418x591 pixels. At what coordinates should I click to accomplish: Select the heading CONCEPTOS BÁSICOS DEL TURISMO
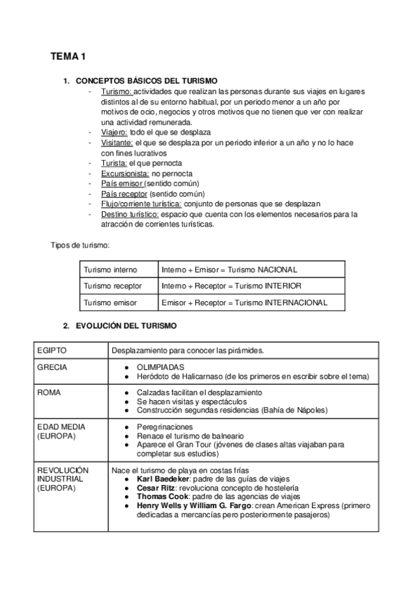(x=146, y=81)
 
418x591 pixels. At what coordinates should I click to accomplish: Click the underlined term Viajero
(x=114, y=132)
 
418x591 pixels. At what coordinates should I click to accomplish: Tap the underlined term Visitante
(x=117, y=142)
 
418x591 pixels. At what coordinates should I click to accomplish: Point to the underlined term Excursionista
(x=125, y=173)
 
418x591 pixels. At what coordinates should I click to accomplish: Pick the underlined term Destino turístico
(x=130, y=214)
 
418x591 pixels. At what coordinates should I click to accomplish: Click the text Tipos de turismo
(x=80, y=245)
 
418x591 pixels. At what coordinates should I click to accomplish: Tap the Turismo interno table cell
(x=110, y=269)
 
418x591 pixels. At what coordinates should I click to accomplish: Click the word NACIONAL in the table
(x=278, y=269)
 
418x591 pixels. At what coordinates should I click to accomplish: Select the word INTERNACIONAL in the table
(x=296, y=302)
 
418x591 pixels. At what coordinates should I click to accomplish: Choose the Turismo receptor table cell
(x=112, y=286)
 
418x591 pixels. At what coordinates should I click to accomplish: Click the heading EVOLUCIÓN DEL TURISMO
(x=126, y=325)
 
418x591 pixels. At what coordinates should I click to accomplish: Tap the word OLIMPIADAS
(x=161, y=367)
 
